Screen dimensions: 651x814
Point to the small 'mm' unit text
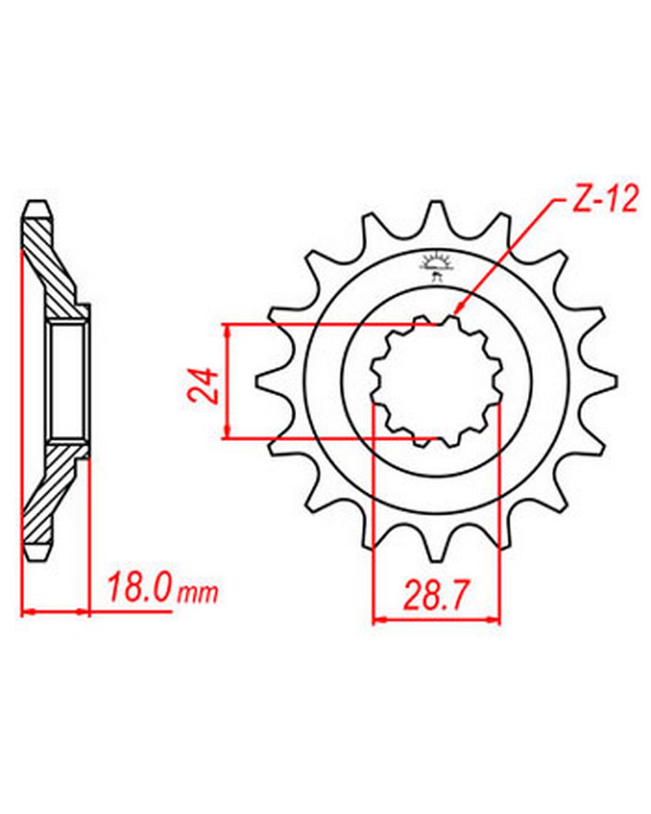tap(197, 595)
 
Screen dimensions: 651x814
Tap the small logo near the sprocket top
tap(436, 265)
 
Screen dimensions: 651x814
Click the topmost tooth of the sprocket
tap(437, 214)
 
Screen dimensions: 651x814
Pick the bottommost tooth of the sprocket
tap(437, 548)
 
